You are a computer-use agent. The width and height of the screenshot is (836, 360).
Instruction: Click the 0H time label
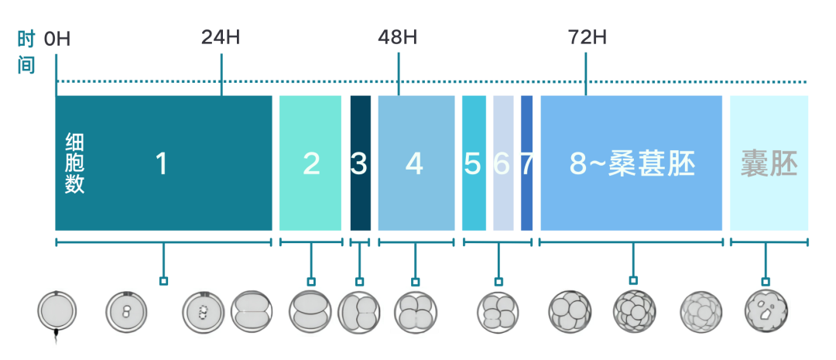(x=57, y=39)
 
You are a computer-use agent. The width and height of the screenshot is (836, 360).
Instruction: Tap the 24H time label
(x=220, y=38)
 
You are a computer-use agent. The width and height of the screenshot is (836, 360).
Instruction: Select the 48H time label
(x=397, y=38)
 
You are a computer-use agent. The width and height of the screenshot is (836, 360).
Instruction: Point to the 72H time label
(x=587, y=38)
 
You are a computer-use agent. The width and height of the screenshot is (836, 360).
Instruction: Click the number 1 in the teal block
(x=162, y=163)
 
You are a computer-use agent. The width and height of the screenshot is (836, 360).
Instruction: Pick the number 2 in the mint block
(x=311, y=163)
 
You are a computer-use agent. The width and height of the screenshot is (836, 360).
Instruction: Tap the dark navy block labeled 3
(x=360, y=163)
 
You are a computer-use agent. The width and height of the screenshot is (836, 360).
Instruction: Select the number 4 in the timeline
(x=414, y=163)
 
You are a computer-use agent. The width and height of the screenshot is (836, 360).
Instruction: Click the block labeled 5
(x=474, y=163)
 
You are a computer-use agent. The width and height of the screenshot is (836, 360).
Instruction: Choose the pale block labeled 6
(x=503, y=163)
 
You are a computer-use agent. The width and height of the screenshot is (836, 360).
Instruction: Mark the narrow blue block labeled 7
(x=526, y=163)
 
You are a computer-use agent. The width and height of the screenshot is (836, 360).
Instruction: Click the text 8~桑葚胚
(x=632, y=163)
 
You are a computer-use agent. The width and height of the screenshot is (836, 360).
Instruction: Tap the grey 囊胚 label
(x=769, y=163)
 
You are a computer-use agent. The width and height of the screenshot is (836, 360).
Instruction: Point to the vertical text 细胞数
(x=74, y=163)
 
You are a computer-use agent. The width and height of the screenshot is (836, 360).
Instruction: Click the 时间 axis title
(x=26, y=53)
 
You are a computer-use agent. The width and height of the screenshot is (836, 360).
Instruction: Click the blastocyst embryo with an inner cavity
(x=766, y=310)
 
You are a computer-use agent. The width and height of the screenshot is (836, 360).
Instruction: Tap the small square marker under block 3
(x=359, y=282)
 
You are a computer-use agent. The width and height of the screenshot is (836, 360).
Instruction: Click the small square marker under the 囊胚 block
(x=766, y=281)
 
